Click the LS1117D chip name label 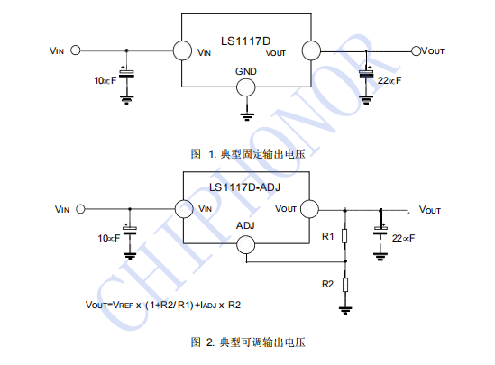pos(245,41)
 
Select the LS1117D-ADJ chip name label pos(244,187)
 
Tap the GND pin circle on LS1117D pos(245,87)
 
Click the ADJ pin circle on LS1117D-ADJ pos(245,244)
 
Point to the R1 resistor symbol pos(345,236)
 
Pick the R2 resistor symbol pos(345,285)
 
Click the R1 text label pos(328,236)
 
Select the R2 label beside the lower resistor pos(327,284)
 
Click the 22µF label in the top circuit pos(390,80)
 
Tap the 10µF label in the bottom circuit pos(109,238)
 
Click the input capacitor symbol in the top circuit pos(126,73)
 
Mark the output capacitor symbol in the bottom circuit pos(380,231)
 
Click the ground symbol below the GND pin pos(247,117)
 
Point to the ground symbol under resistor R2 pos(345,310)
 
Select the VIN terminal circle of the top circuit pos(76,50)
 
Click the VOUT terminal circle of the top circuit pos(417,50)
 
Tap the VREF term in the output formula pos(123,305)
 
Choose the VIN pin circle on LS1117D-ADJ pos(184,209)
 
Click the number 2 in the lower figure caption pos(210,342)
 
